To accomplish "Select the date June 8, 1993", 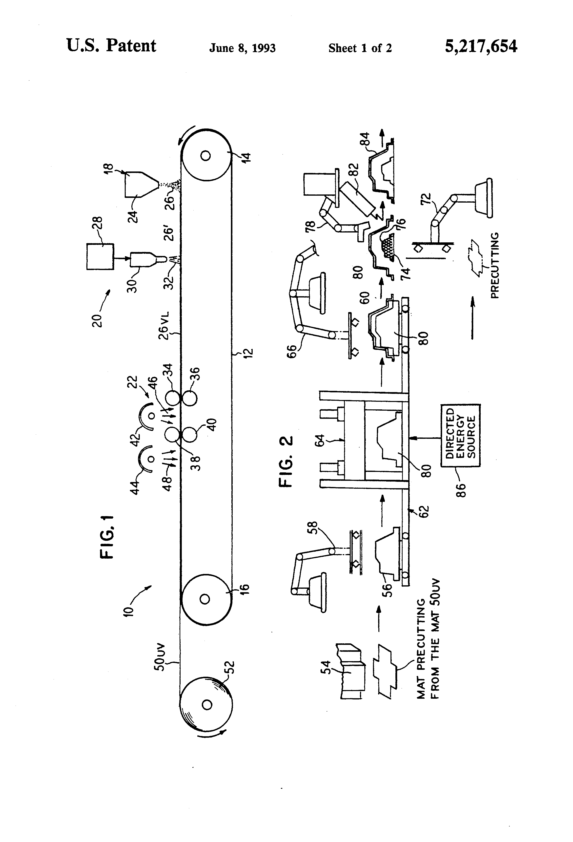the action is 242,48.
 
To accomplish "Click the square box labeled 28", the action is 100,256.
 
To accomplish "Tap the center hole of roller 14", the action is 206,156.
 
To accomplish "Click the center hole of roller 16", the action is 205,599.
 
